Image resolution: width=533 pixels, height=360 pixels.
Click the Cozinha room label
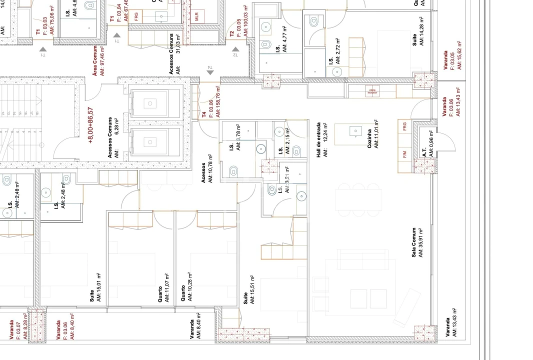tap(371, 133)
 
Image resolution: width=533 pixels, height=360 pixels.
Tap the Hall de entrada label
tap(321, 139)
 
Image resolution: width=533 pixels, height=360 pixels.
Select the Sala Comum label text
tap(417, 242)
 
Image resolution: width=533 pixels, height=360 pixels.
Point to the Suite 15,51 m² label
tap(248, 290)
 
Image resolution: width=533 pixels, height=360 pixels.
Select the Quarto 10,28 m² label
tap(187, 289)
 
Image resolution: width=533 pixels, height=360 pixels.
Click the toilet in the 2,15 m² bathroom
tap(296, 150)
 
